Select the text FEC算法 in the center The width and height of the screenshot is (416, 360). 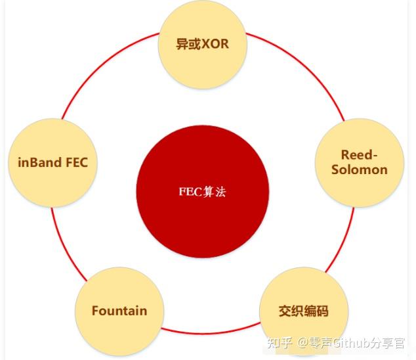203,192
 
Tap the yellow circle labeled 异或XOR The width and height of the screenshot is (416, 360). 203,45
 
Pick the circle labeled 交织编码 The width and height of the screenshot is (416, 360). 304,310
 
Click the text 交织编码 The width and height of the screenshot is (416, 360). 304,311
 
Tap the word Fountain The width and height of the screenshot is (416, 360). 119,310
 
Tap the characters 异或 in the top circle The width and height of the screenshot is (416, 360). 186,45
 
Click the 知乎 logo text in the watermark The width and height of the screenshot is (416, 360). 281,343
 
